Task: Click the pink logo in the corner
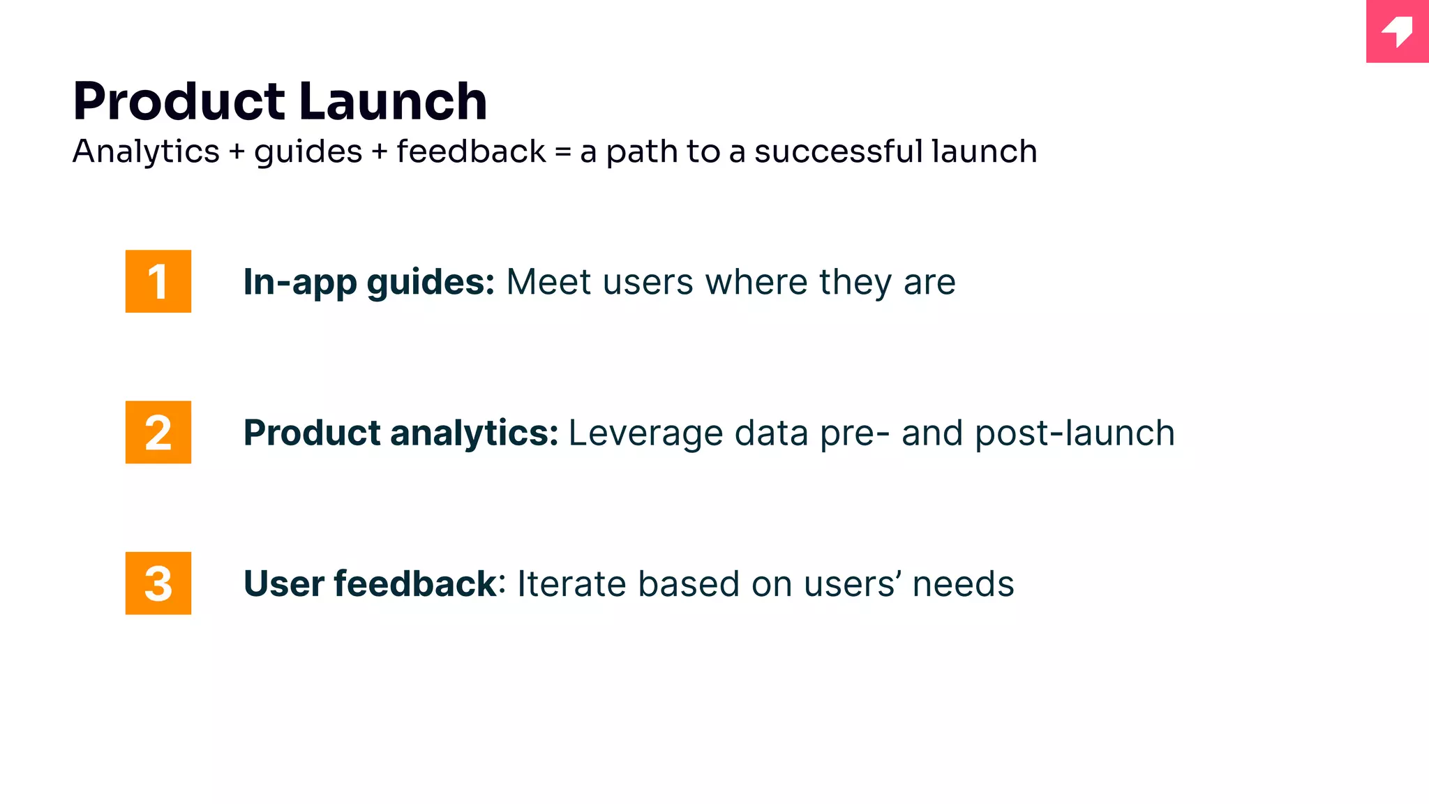[1397, 31]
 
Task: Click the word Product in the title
[179, 102]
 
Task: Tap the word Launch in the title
[393, 102]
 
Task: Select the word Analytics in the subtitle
[146, 152]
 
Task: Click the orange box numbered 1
[158, 281]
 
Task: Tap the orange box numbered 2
[158, 432]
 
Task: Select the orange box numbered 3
[158, 583]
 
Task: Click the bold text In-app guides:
[368, 283]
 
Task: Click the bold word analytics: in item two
[474, 433]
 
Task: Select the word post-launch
[1075, 433]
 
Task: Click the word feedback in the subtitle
[471, 151]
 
